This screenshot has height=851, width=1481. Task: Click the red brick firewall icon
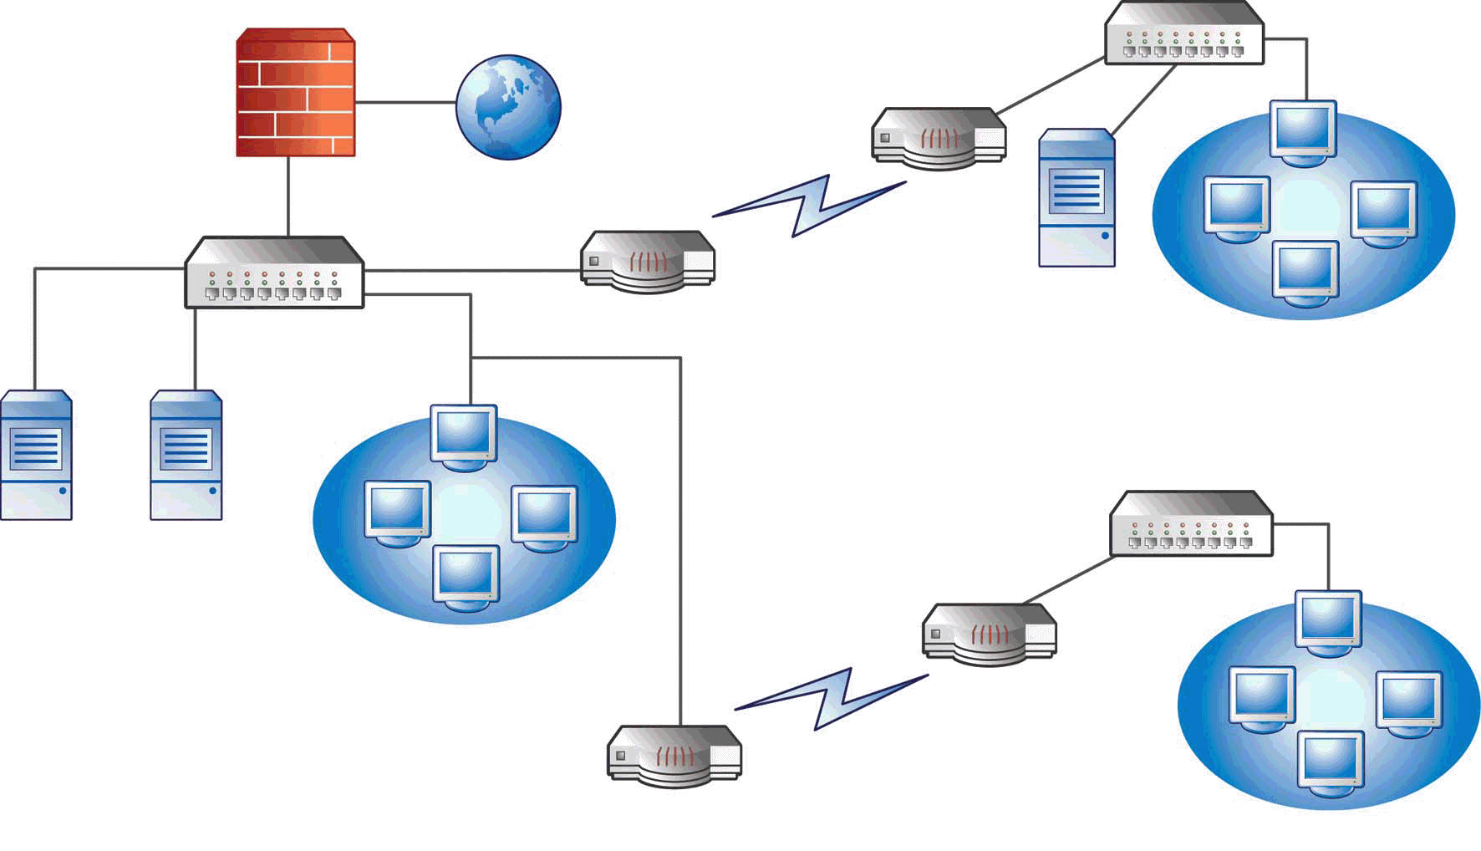click(295, 93)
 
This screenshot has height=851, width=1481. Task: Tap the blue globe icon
click(508, 106)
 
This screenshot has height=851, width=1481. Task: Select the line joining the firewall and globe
click(405, 103)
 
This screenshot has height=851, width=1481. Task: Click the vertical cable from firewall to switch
click(288, 196)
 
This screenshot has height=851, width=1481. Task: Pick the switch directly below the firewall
click(274, 273)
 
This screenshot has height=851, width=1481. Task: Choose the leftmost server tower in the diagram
click(36, 456)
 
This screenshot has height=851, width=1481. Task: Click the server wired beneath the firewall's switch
click(186, 456)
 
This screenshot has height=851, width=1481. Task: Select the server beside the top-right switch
click(1076, 198)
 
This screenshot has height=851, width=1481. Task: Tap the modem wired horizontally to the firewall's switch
click(648, 262)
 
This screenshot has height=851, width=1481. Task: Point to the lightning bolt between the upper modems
click(809, 206)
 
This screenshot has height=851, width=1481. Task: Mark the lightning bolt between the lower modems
click(832, 699)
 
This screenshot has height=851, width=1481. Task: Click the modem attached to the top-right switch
click(939, 138)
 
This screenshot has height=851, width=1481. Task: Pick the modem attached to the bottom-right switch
click(989, 634)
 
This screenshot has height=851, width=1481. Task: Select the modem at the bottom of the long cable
click(674, 756)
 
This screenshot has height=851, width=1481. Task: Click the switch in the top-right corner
click(1184, 33)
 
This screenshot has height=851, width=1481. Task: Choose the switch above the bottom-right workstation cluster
click(1191, 525)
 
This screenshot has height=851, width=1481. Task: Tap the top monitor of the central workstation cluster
click(463, 436)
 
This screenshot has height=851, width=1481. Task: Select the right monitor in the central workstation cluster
click(543, 516)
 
